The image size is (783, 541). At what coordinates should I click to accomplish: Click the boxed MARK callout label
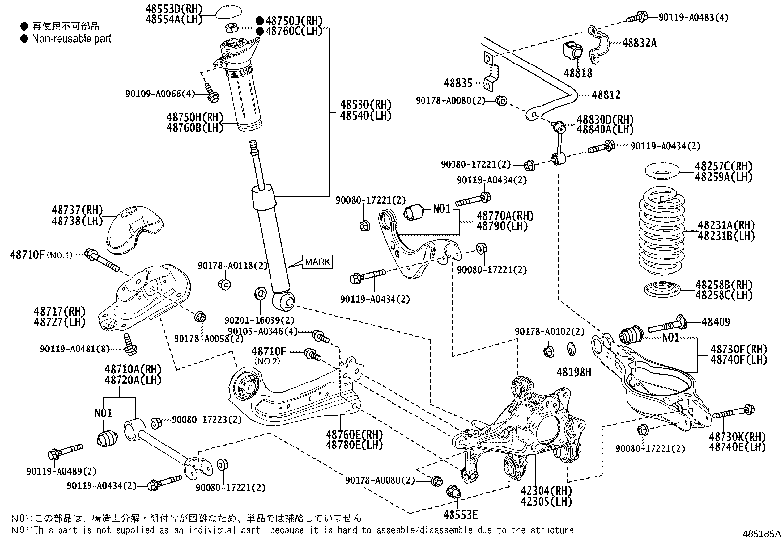[x=317, y=262]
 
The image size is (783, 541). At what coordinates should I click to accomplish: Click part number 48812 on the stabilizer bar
[x=606, y=95]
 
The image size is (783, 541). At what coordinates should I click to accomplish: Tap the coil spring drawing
[x=662, y=230]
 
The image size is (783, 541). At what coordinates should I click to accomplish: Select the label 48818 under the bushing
[x=578, y=73]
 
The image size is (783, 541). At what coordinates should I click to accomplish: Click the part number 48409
[x=716, y=322]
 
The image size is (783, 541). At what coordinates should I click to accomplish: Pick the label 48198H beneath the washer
[x=573, y=372]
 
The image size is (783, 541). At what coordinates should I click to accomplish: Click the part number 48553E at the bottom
[x=460, y=515]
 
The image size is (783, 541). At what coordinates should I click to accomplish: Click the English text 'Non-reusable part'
[x=72, y=39]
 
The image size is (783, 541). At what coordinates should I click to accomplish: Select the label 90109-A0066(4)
[x=160, y=94]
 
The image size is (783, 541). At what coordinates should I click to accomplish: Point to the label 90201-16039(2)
[x=259, y=320]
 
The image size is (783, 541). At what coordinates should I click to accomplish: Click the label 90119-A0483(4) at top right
[x=693, y=17]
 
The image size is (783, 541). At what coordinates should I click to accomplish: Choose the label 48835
[x=458, y=83]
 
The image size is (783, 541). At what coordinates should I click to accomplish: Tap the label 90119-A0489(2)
[x=61, y=471]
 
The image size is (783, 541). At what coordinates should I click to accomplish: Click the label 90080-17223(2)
[x=207, y=419]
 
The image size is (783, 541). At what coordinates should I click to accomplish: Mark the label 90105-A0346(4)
[x=262, y=331]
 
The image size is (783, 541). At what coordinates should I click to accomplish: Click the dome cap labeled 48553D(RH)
[x=228, y=12]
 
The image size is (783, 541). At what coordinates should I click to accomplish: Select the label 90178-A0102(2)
[x=549, y=331]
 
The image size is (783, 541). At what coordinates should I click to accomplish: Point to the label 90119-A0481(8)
[x=74, y=349]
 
